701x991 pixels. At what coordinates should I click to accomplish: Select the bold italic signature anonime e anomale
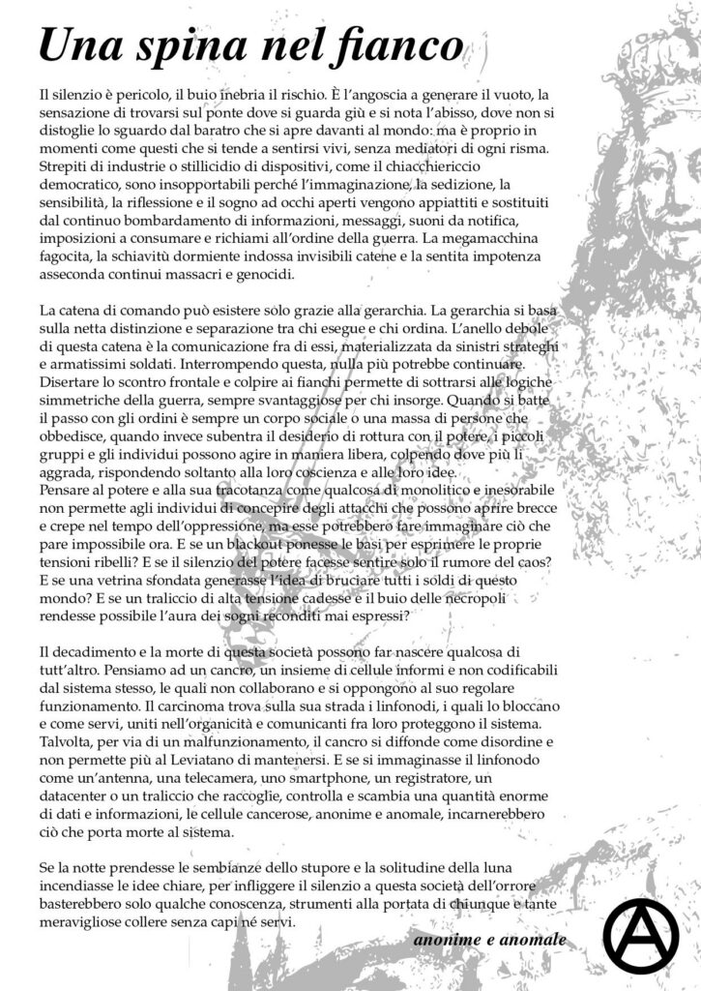click(x=488, y=940)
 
